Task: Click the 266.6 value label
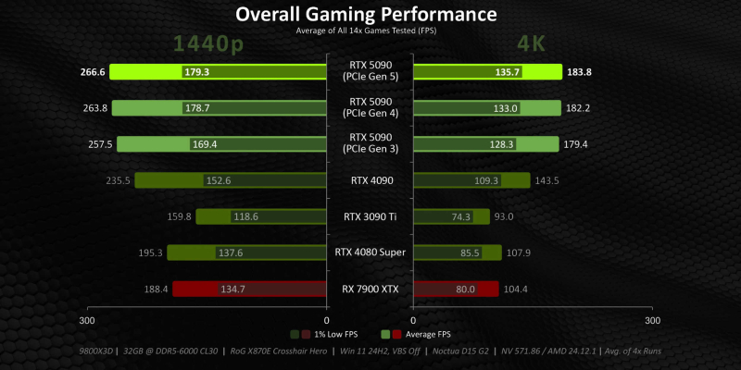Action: (x=94, y=72)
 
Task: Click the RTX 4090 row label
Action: (x=370, y=180)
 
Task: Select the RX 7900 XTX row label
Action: (x=370, y=289)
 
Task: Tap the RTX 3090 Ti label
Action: (x=370, y=217)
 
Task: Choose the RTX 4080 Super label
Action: (x=370, y=252)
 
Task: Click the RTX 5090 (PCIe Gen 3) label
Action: (x=370, y=144)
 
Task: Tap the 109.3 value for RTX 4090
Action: (x=486, y=181)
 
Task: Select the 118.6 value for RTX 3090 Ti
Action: (x=220, y=217)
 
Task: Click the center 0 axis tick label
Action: (x=327, y=321)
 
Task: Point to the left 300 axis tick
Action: (x=86, y=321)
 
